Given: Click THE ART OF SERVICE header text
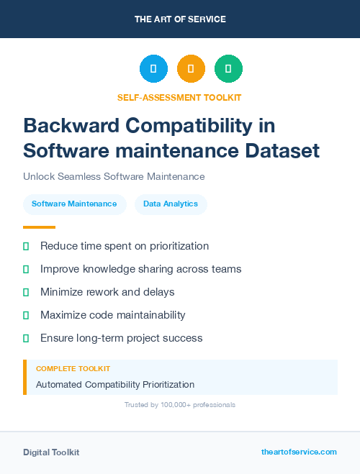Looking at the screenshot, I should pyautogui.click(x=180, y=19).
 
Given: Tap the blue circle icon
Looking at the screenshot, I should pyautogui.click(x=153, y=69).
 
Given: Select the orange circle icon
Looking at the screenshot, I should pyautogui.click(x=191, y=69).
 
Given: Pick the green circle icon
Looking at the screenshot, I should pyautogui.click(x=228, y=69).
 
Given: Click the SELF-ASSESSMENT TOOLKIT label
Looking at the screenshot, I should pyautogui.click(x=180, y=97).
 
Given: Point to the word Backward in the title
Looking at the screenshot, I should pyautogui.click(x=67, y=125).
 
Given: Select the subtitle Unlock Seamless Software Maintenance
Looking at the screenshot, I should pyautogui.click(x=114, y=176).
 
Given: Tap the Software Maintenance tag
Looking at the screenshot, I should pyautogui.click(x=74, y=204).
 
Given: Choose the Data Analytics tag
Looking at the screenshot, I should pyautogui.click(x=171, y=204).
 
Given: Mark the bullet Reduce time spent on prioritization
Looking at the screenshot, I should pyautogui.click(x=125, y=246).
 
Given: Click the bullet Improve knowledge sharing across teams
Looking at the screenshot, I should pyautogui.click(x=140, y=269).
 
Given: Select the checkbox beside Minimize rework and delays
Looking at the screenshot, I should pyautogui.click(x=26, y=292).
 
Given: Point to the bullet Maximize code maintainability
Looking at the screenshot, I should pyautogui.click(x=113, y=315).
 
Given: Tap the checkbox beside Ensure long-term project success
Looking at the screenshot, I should pyautogui.click(x=26, y=338).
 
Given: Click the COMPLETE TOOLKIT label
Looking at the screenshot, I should pyautogui.click(x=73, y=368).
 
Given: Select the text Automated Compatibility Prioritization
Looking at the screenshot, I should pyautogui.click(x=115, y=385).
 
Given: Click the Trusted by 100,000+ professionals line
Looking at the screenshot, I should pyautogui.click(x=180, y=405).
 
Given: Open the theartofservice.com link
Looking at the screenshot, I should pyautogui.click(x=299, y=452).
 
